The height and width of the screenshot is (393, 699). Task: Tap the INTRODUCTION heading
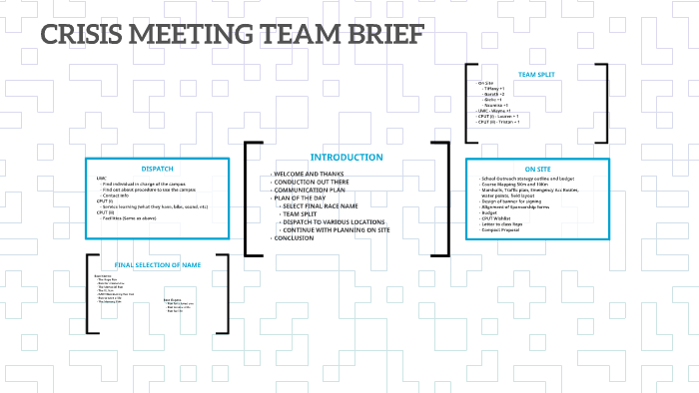(346, 158)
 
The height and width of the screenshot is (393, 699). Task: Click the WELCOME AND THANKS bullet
(311, 175)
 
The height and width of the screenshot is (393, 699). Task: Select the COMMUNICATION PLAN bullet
(316, 191)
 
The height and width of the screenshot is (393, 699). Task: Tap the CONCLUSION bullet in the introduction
(297, 238)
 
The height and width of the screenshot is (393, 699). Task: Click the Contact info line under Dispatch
(118, 196)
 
